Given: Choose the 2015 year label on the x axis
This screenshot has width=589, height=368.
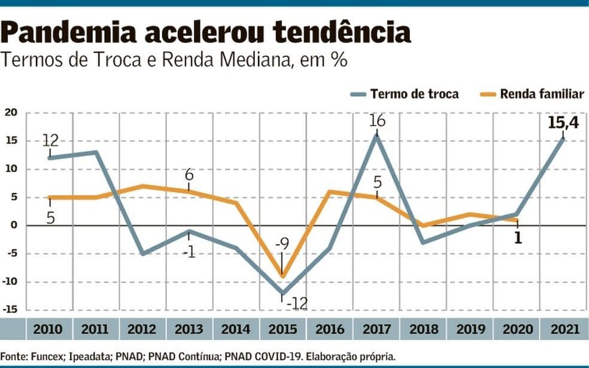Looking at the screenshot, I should pos(281,329).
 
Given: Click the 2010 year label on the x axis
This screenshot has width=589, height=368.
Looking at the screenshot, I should pos(48,329).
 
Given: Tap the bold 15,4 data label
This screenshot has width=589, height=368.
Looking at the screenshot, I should pos(563,122).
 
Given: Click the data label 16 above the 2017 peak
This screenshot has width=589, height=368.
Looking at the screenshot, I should pos(377,120).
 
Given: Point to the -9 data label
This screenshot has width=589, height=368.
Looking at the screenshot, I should pos(281,244).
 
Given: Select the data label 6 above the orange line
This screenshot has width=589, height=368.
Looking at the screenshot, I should pos(189,175).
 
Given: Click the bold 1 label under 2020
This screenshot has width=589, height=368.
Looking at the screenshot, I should pos(517,238).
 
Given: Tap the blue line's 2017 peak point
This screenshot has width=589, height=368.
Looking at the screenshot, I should pos(377,136).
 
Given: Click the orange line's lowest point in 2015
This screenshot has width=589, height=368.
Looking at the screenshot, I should pos(282,277).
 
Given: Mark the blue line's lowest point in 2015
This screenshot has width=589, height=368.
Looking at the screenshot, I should pos(282,293).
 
